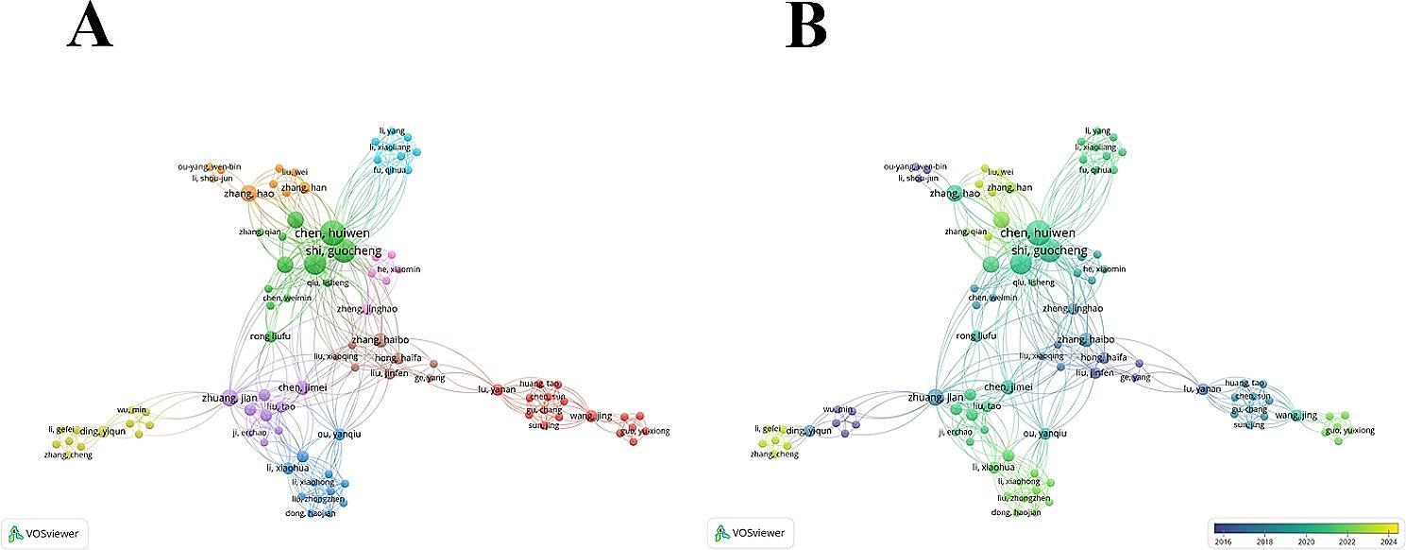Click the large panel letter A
pyautogui.click(x=91, y=26)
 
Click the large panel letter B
pyautogui.click(x=806, y=26)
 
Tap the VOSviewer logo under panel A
pyautogui.click(x=42, y=533)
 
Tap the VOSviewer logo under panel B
pyautogui.click(x=751, y=533)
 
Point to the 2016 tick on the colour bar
pyautogui.click(x=1222, y=541)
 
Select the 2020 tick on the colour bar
pyautogui.click(x=1308, y=541)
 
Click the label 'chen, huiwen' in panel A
pyautogui.click(x=331, y=233)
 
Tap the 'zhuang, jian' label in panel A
pyautogui.click(x=229, y=398)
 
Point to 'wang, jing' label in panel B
pyautogui.click(x=1295, y=416)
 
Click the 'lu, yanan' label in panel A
pyautogui.click(x=498, y=389)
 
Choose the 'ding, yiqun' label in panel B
pyautogui.click(x=805, y=431)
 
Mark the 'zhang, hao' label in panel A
pyautogui.click(x=248, y=194)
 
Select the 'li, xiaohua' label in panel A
pyautogui.click(x=287, y=467)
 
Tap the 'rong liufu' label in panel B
pyautogui.click(x=975, y=336)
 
